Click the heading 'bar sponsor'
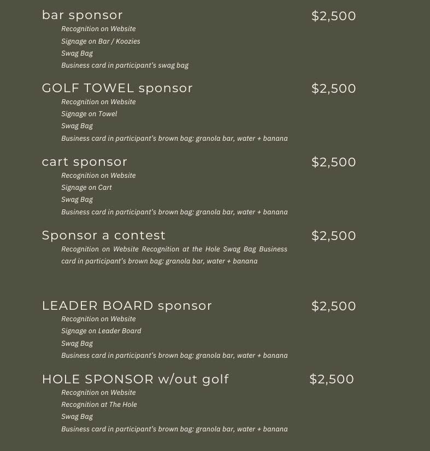pos(83,15)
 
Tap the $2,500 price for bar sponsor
pos(333,16)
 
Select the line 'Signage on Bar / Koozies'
pos(101,41)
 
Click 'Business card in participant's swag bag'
pos(125,65)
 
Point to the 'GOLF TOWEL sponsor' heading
pos(117,88)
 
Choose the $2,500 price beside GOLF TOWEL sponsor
pos(333,88)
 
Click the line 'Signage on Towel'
pos(89,114)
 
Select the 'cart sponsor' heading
pos(85,162)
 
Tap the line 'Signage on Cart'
pos(86,188)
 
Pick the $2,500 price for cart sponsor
pos(333,162)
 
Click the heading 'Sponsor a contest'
pos(104,236)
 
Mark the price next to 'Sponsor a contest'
pos(333,236)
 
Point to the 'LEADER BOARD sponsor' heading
pos(127,306)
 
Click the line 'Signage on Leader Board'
pos(101,331)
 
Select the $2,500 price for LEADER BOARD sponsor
pos(333,306)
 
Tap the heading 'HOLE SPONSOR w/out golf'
pos(135,379)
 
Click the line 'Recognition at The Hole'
pos(99,405)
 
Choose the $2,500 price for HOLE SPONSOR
pos(332,379)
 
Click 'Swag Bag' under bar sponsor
pos(77,53)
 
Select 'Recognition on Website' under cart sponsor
pos(98,176)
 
